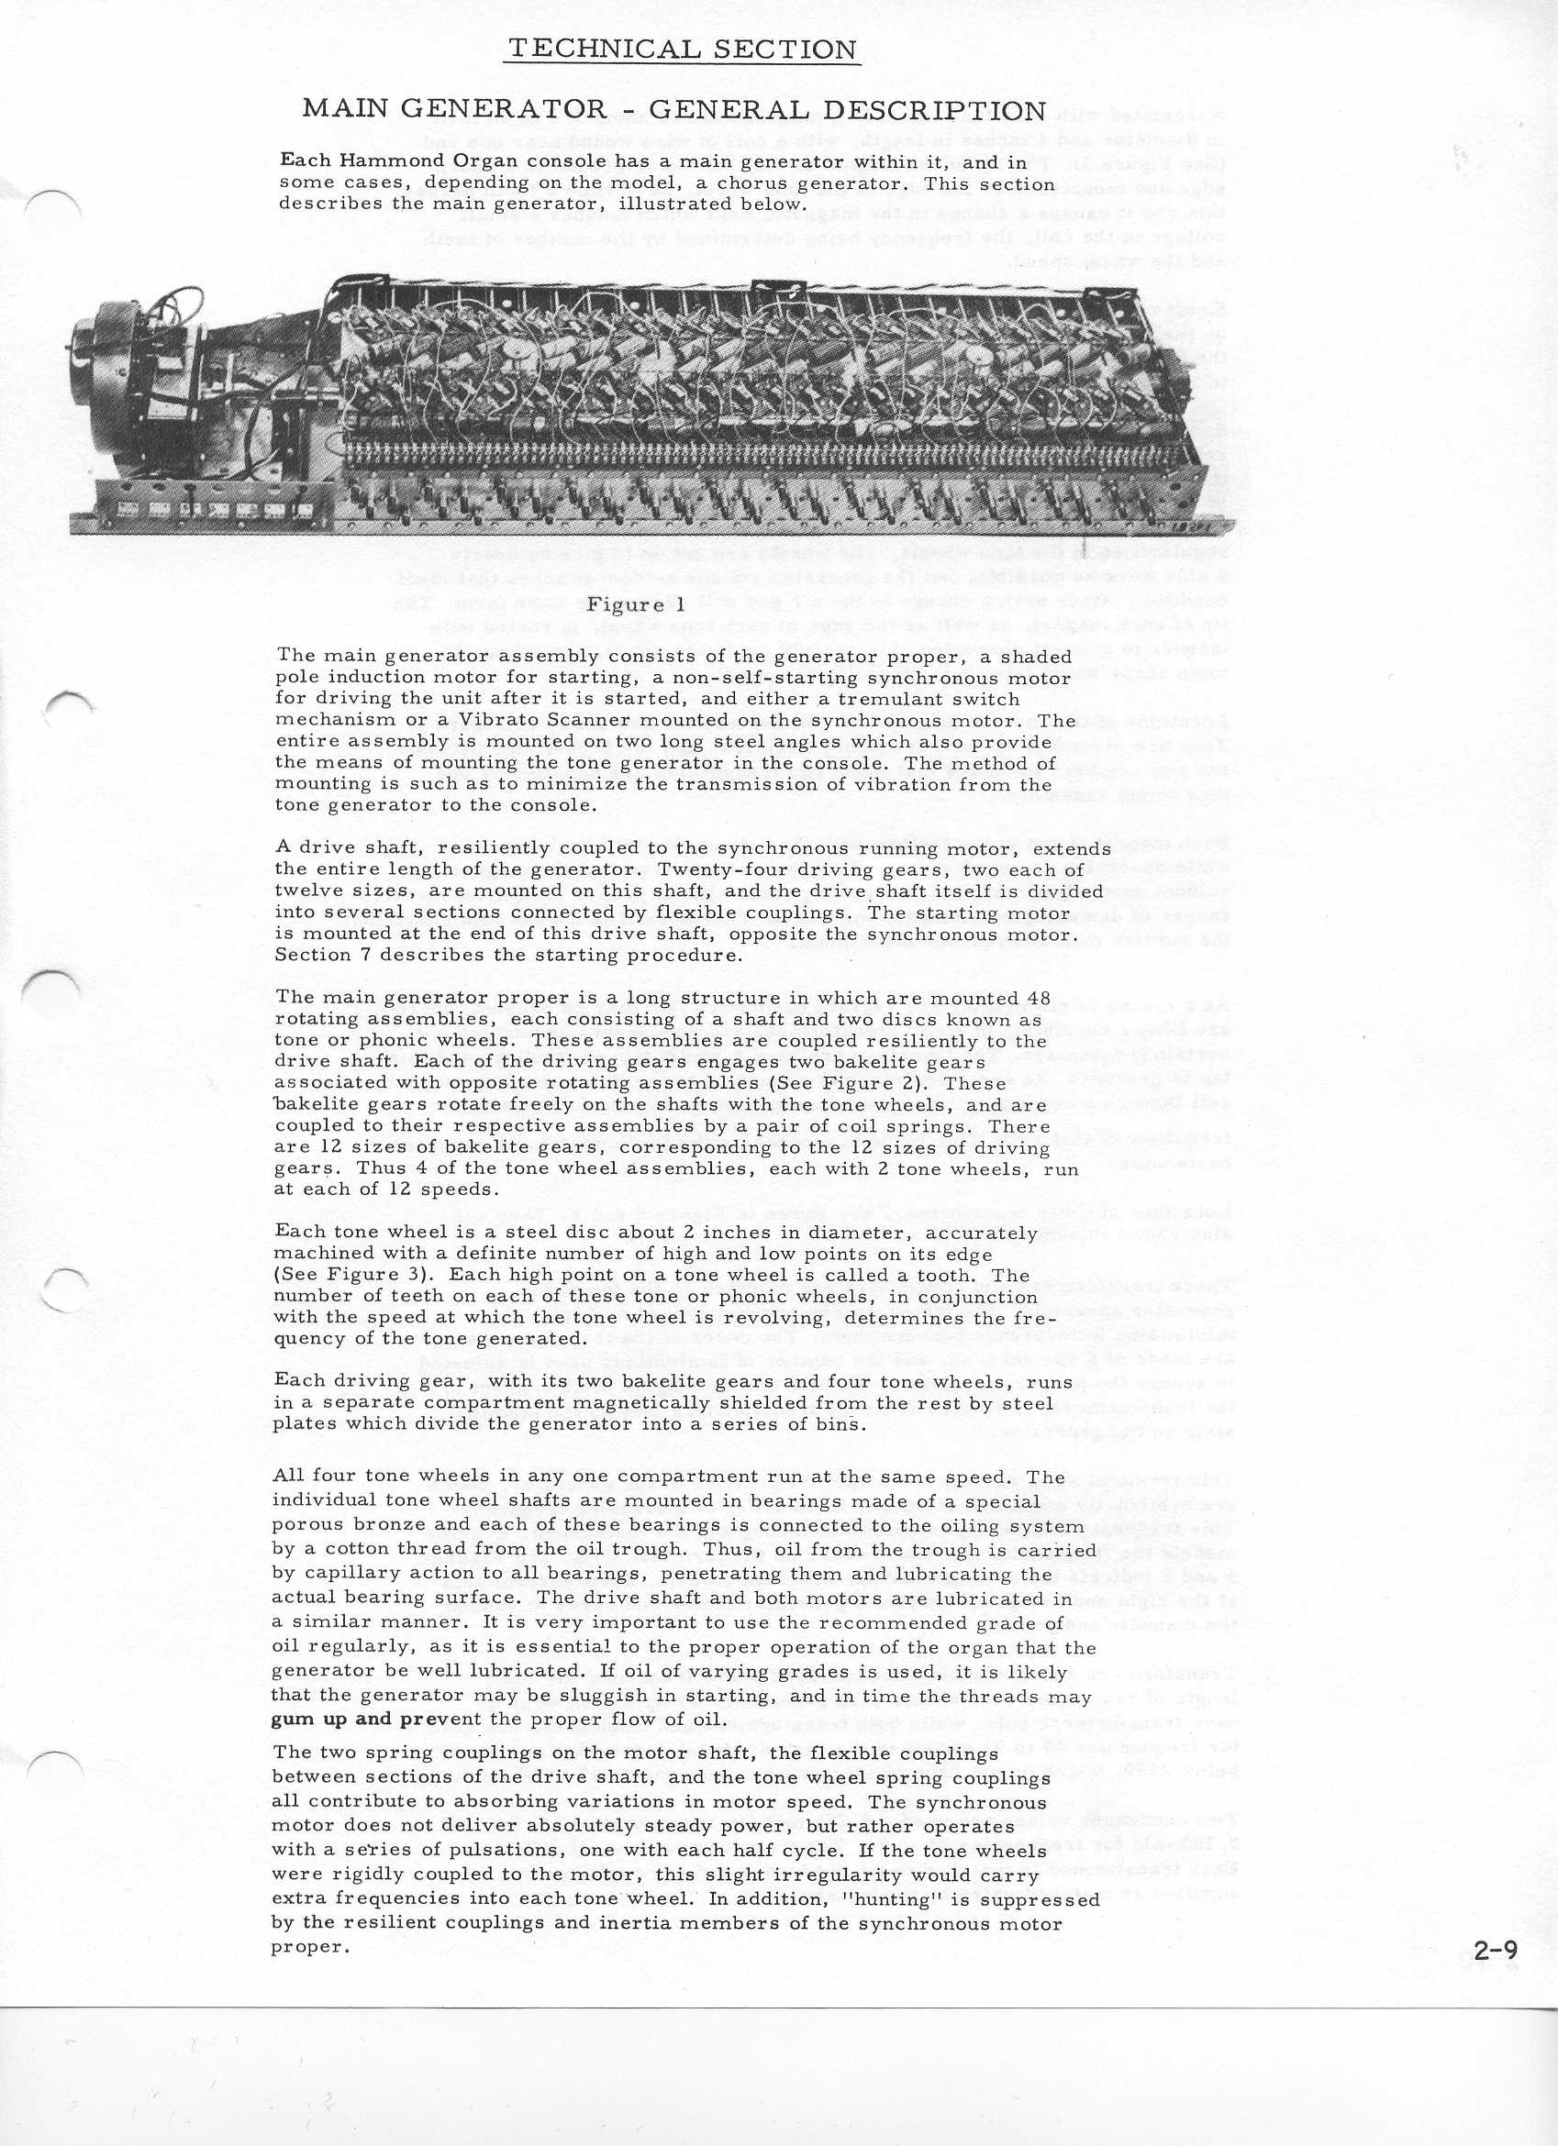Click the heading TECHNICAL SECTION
(x=681, y=50)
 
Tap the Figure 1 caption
(x=635, y=605)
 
